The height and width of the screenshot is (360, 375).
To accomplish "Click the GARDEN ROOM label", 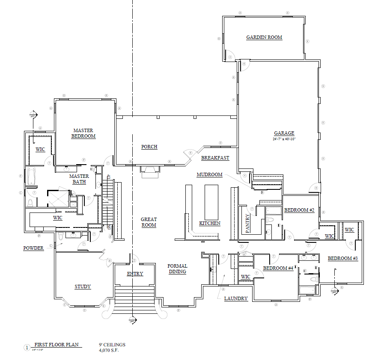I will (264, 37).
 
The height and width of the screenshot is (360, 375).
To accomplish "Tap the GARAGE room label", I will (284, 133).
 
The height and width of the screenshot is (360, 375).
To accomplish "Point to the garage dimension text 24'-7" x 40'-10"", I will (284, 139).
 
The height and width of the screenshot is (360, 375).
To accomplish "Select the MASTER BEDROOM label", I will (83, 133).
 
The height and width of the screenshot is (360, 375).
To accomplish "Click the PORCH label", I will (149, 147).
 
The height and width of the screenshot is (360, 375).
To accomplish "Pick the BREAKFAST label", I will (215, 158).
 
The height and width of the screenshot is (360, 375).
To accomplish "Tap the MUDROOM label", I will (209, 174).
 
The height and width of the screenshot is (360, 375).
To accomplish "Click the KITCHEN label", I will (210, 223).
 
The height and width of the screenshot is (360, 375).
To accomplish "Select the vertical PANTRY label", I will (247, 224).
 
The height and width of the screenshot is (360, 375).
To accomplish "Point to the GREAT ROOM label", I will (149, 222).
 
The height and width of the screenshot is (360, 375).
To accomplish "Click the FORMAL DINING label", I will (177, 269).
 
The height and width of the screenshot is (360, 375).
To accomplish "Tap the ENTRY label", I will (135, 274).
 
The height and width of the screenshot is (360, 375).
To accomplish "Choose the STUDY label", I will (83, 286).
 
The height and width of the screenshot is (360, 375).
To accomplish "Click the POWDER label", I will (33, 248).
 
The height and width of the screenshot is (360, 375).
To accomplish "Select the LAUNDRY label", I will (236, 298).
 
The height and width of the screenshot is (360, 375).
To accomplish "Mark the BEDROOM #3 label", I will (342, 258).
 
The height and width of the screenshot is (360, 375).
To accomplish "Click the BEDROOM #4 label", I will (278, 268).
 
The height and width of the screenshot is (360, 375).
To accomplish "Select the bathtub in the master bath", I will (33, 177).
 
